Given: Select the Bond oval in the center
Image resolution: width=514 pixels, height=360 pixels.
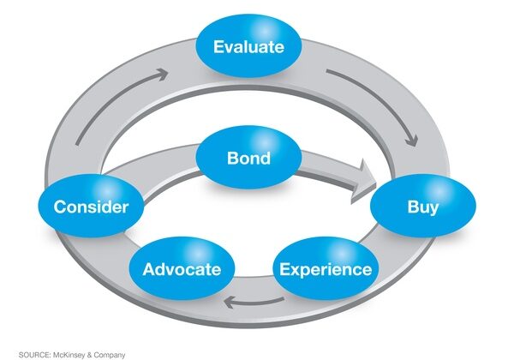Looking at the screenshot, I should (x=248, y=159).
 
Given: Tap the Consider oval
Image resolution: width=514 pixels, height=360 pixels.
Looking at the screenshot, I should (x=91, y=207).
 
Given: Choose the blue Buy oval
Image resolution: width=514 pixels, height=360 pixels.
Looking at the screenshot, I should (x=423, y=207).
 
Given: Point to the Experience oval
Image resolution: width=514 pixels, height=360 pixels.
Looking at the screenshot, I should (x=326, y=269).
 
